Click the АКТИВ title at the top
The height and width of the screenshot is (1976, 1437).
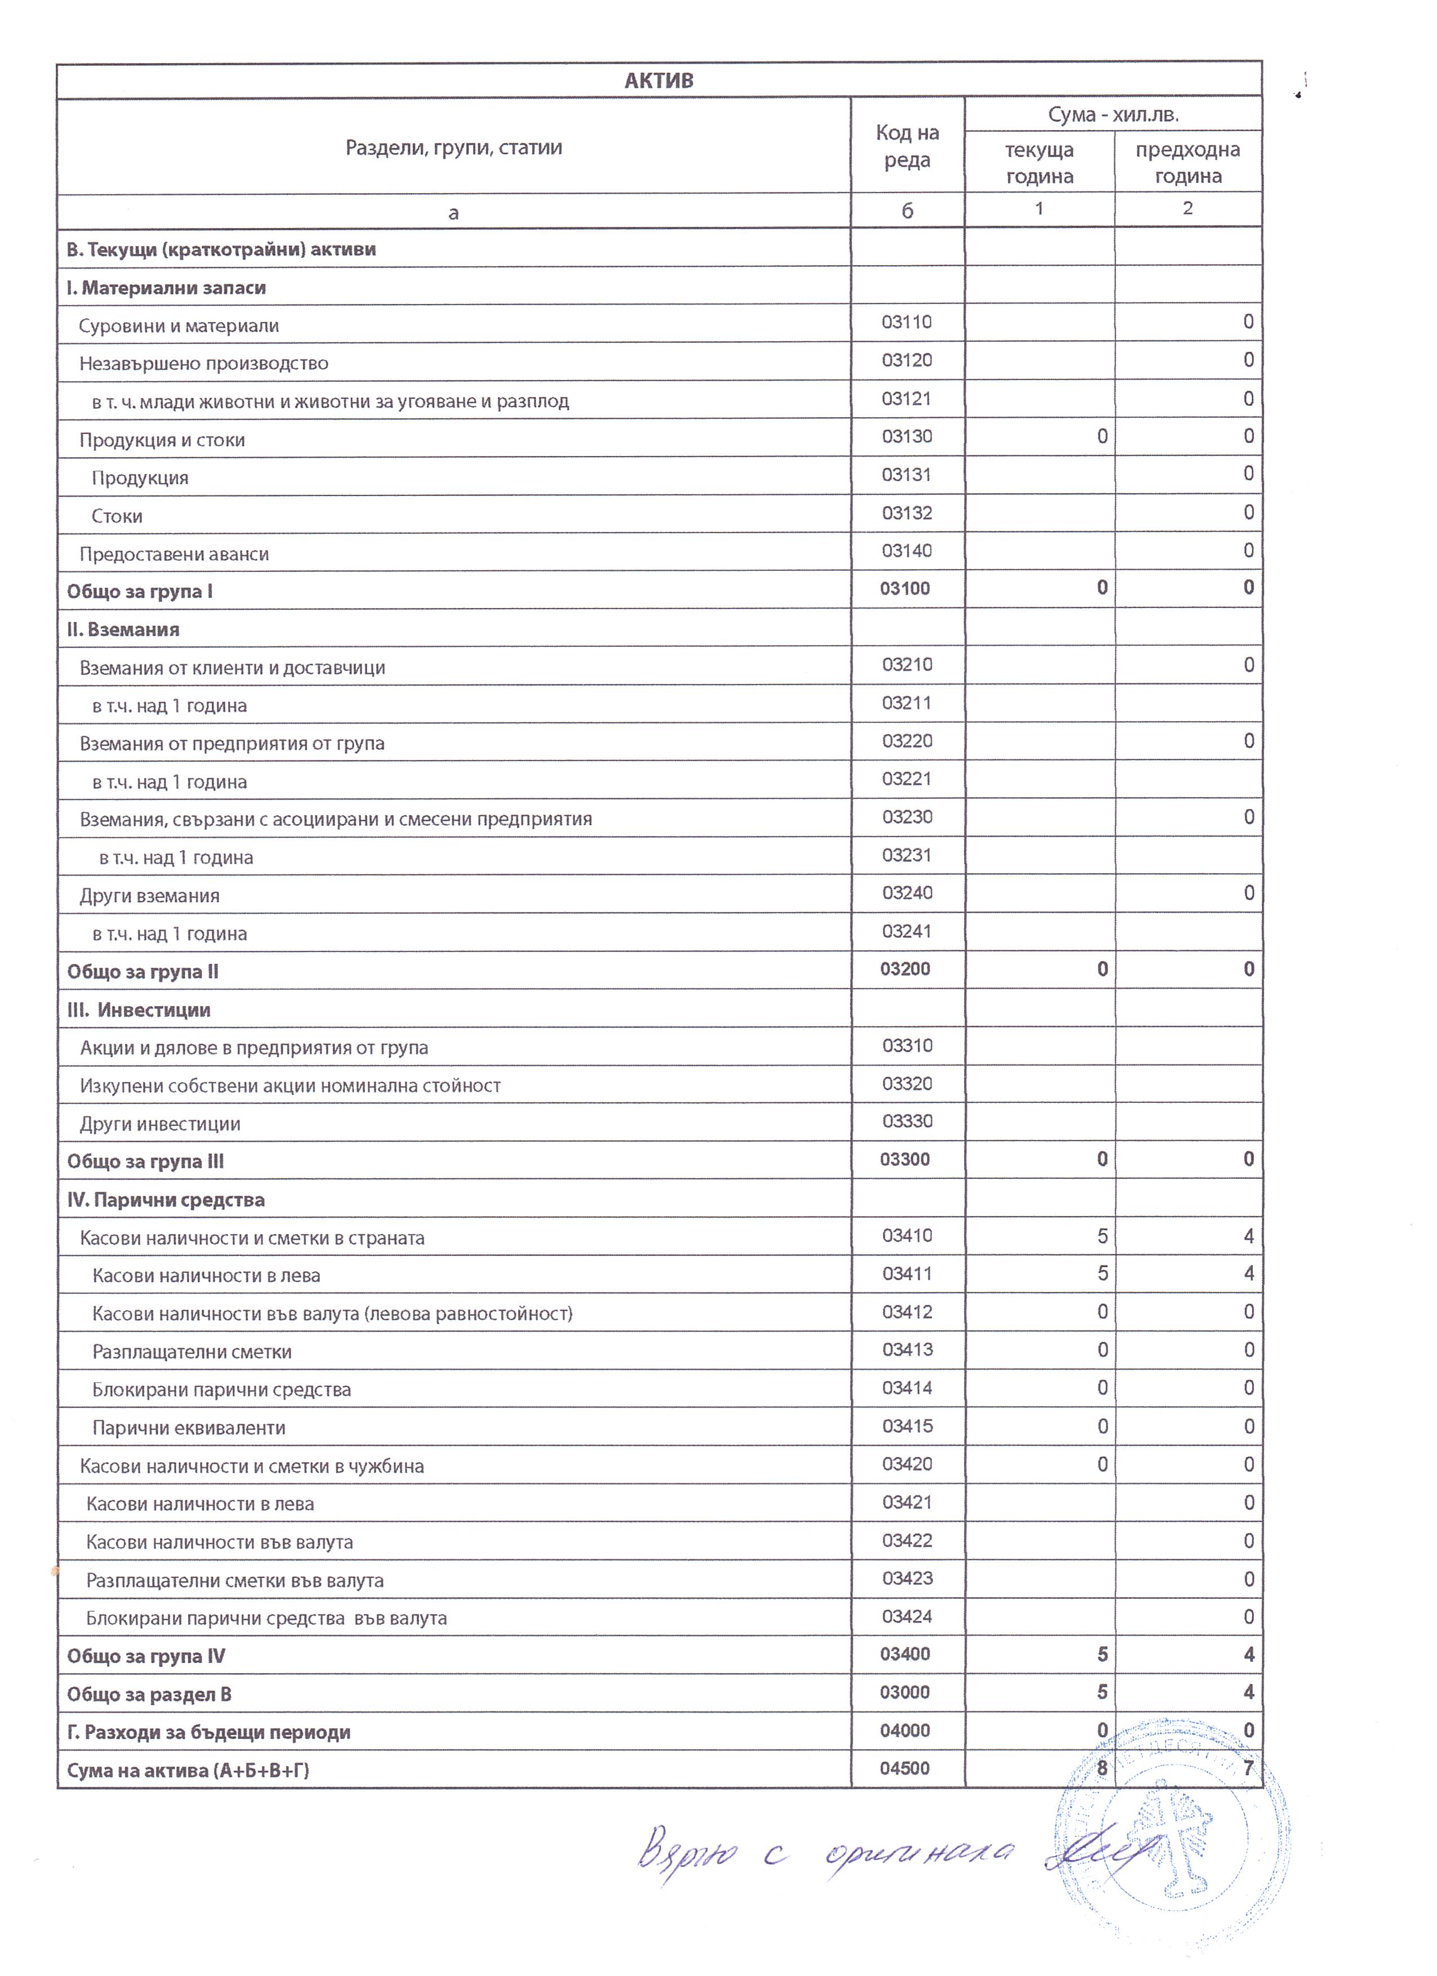[x=659, y=80]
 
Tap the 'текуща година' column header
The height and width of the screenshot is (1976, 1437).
[x=1039, y=163]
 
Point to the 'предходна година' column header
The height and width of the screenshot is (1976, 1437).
[x=1187, y=163]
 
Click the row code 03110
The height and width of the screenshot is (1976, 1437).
[x=907, y=323]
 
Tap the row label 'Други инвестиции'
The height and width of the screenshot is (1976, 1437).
[x=160, y=1124]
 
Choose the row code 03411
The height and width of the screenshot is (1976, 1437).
[x=907, y=1274]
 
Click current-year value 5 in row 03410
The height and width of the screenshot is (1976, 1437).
[x=1103, y=1236]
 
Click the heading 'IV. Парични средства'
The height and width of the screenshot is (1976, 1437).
[x=166, y=1200]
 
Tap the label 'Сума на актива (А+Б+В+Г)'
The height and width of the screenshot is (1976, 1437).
[x=188, y=1771]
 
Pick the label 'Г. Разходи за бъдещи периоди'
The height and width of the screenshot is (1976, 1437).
[x=209, y=1732]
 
